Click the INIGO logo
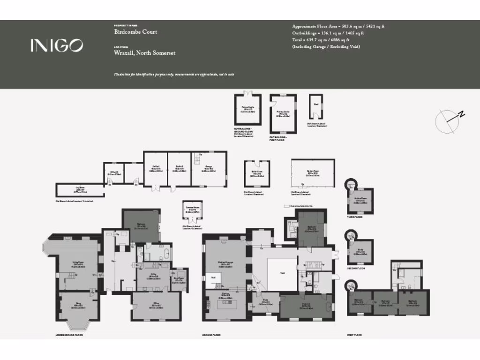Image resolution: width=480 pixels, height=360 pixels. (57, 45)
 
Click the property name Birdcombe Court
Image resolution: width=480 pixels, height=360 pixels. (135, 32)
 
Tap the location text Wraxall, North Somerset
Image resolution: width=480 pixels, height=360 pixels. (144, 53)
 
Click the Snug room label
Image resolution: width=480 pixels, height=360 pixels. (78, 307)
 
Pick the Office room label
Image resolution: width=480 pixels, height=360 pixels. (156, 306)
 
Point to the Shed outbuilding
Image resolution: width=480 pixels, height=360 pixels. (316, 107)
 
